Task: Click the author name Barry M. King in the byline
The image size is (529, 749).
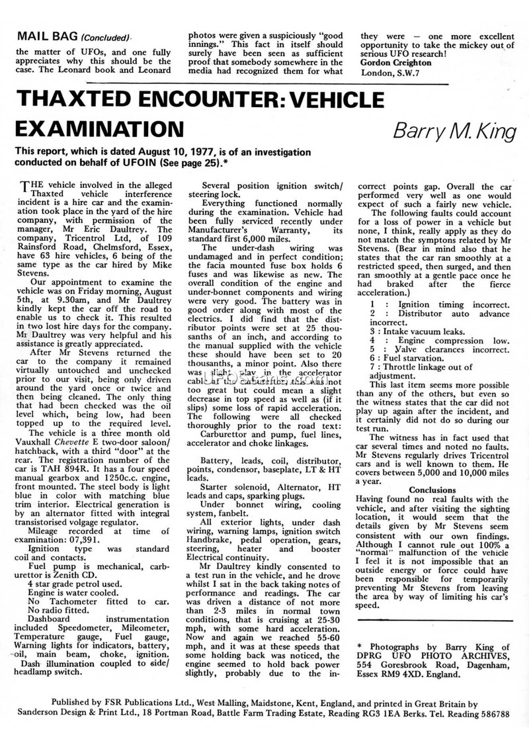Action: click(454, 128)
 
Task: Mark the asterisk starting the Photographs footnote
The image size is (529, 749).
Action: click(358, 629)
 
